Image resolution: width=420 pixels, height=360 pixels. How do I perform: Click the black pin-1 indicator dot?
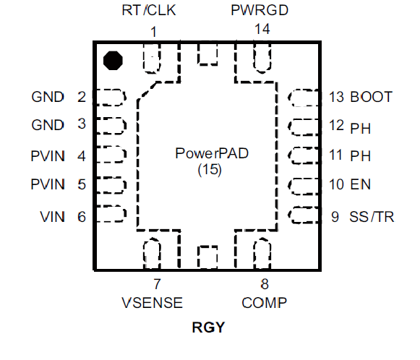113,61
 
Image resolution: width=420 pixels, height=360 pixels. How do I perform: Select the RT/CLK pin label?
149,10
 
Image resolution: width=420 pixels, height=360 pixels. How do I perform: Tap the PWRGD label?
260,10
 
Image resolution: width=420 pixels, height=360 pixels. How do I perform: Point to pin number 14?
262,29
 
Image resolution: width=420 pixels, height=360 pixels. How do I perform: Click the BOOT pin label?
372,97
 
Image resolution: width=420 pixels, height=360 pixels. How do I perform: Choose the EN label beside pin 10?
361,184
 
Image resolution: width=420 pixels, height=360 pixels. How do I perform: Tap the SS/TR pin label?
372,217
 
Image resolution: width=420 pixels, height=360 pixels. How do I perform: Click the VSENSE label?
152,303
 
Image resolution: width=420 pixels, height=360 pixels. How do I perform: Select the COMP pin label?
264,303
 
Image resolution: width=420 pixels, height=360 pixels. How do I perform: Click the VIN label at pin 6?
53,217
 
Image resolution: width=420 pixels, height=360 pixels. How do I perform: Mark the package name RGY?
208,327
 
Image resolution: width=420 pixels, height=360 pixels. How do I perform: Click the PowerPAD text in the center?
212,153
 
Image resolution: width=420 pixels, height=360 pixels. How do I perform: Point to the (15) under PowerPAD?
210,170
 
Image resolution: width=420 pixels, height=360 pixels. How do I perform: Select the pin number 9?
335,217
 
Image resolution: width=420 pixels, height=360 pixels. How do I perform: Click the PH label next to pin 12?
361,129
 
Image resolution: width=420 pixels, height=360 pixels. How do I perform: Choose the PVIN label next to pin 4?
48,156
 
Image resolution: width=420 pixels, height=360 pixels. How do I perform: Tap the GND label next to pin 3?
48,125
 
